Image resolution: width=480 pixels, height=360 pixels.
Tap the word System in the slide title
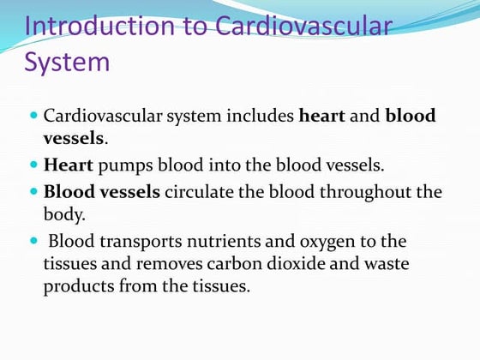point(68,62)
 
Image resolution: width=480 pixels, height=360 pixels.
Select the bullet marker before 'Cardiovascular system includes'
point(33,115)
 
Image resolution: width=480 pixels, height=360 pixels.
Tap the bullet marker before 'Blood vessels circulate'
point(33,191)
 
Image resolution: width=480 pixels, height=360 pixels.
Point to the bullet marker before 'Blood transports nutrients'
point(33,241)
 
